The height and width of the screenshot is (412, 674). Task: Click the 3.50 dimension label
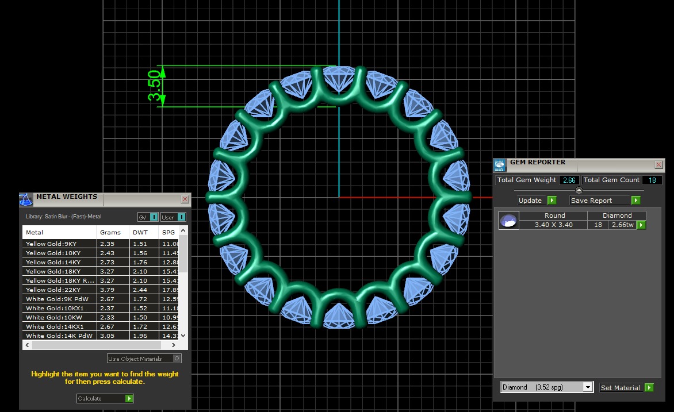(x=154, y=86)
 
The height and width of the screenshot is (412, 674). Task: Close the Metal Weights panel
(x=185, y=199)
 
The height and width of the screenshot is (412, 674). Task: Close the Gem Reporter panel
(x=658, y=165)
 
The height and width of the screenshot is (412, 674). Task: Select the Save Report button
(x=604, y=201)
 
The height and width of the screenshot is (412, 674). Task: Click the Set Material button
(x=626, y=388)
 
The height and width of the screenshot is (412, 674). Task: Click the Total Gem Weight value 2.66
(x=569, y=180)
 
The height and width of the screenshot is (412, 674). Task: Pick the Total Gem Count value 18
(x=653, y=180)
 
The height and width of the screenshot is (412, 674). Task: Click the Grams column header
(x=110, y=233)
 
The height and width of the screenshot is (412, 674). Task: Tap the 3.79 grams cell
(x=107, y=290)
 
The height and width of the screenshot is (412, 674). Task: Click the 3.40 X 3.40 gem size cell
(x=554, y=225)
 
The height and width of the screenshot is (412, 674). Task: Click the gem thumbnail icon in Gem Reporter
(x=508, y=221)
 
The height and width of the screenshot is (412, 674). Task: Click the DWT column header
(x=140, y=233)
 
